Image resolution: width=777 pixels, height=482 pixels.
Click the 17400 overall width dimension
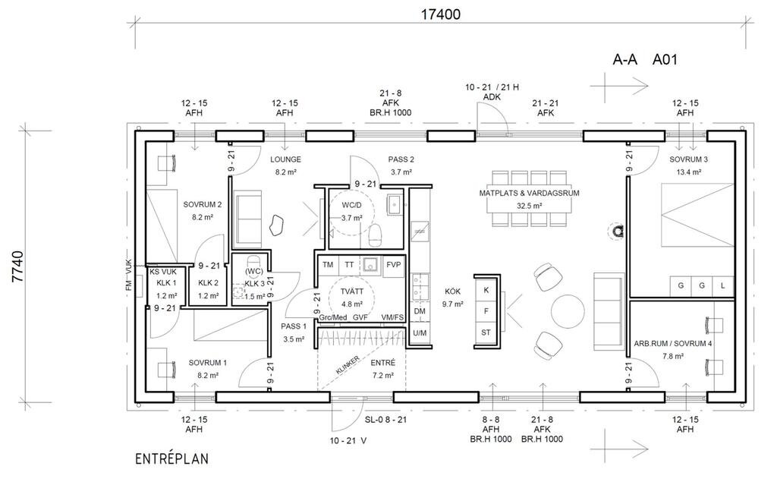tap(441, 14)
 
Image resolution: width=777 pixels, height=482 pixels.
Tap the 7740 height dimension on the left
tap(18, 266)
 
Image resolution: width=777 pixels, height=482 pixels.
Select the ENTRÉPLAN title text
tap(172, 459)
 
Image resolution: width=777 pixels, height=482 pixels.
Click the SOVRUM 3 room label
tap(688, 159)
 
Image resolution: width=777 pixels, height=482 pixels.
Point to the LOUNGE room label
tap(285, 159)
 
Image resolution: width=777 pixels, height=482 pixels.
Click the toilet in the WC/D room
tap(375, 235)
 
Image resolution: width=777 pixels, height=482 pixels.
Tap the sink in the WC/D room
tap(395, 203)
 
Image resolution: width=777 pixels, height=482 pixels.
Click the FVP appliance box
tap(394, 265)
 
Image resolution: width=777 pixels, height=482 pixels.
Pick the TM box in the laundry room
tap(328, 265)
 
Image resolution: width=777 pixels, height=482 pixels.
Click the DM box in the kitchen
tap(420, 311)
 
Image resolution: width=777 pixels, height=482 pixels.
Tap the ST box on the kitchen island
tap(486, 332)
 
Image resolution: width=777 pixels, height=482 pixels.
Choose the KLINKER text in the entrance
tap(348, 365)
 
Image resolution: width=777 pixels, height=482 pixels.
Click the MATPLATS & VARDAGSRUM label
tap(529, 194)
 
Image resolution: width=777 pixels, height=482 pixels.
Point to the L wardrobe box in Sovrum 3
tap(723, 286)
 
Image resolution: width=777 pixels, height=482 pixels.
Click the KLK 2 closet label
tap(208, 283)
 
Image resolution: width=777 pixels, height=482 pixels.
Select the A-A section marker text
tap(625, 60)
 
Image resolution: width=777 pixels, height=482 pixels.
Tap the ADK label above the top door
tap(492, 97)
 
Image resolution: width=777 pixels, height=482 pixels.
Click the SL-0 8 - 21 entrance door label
tap(385, 420)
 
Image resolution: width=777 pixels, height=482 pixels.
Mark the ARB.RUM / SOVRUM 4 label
tap(673, 343)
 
